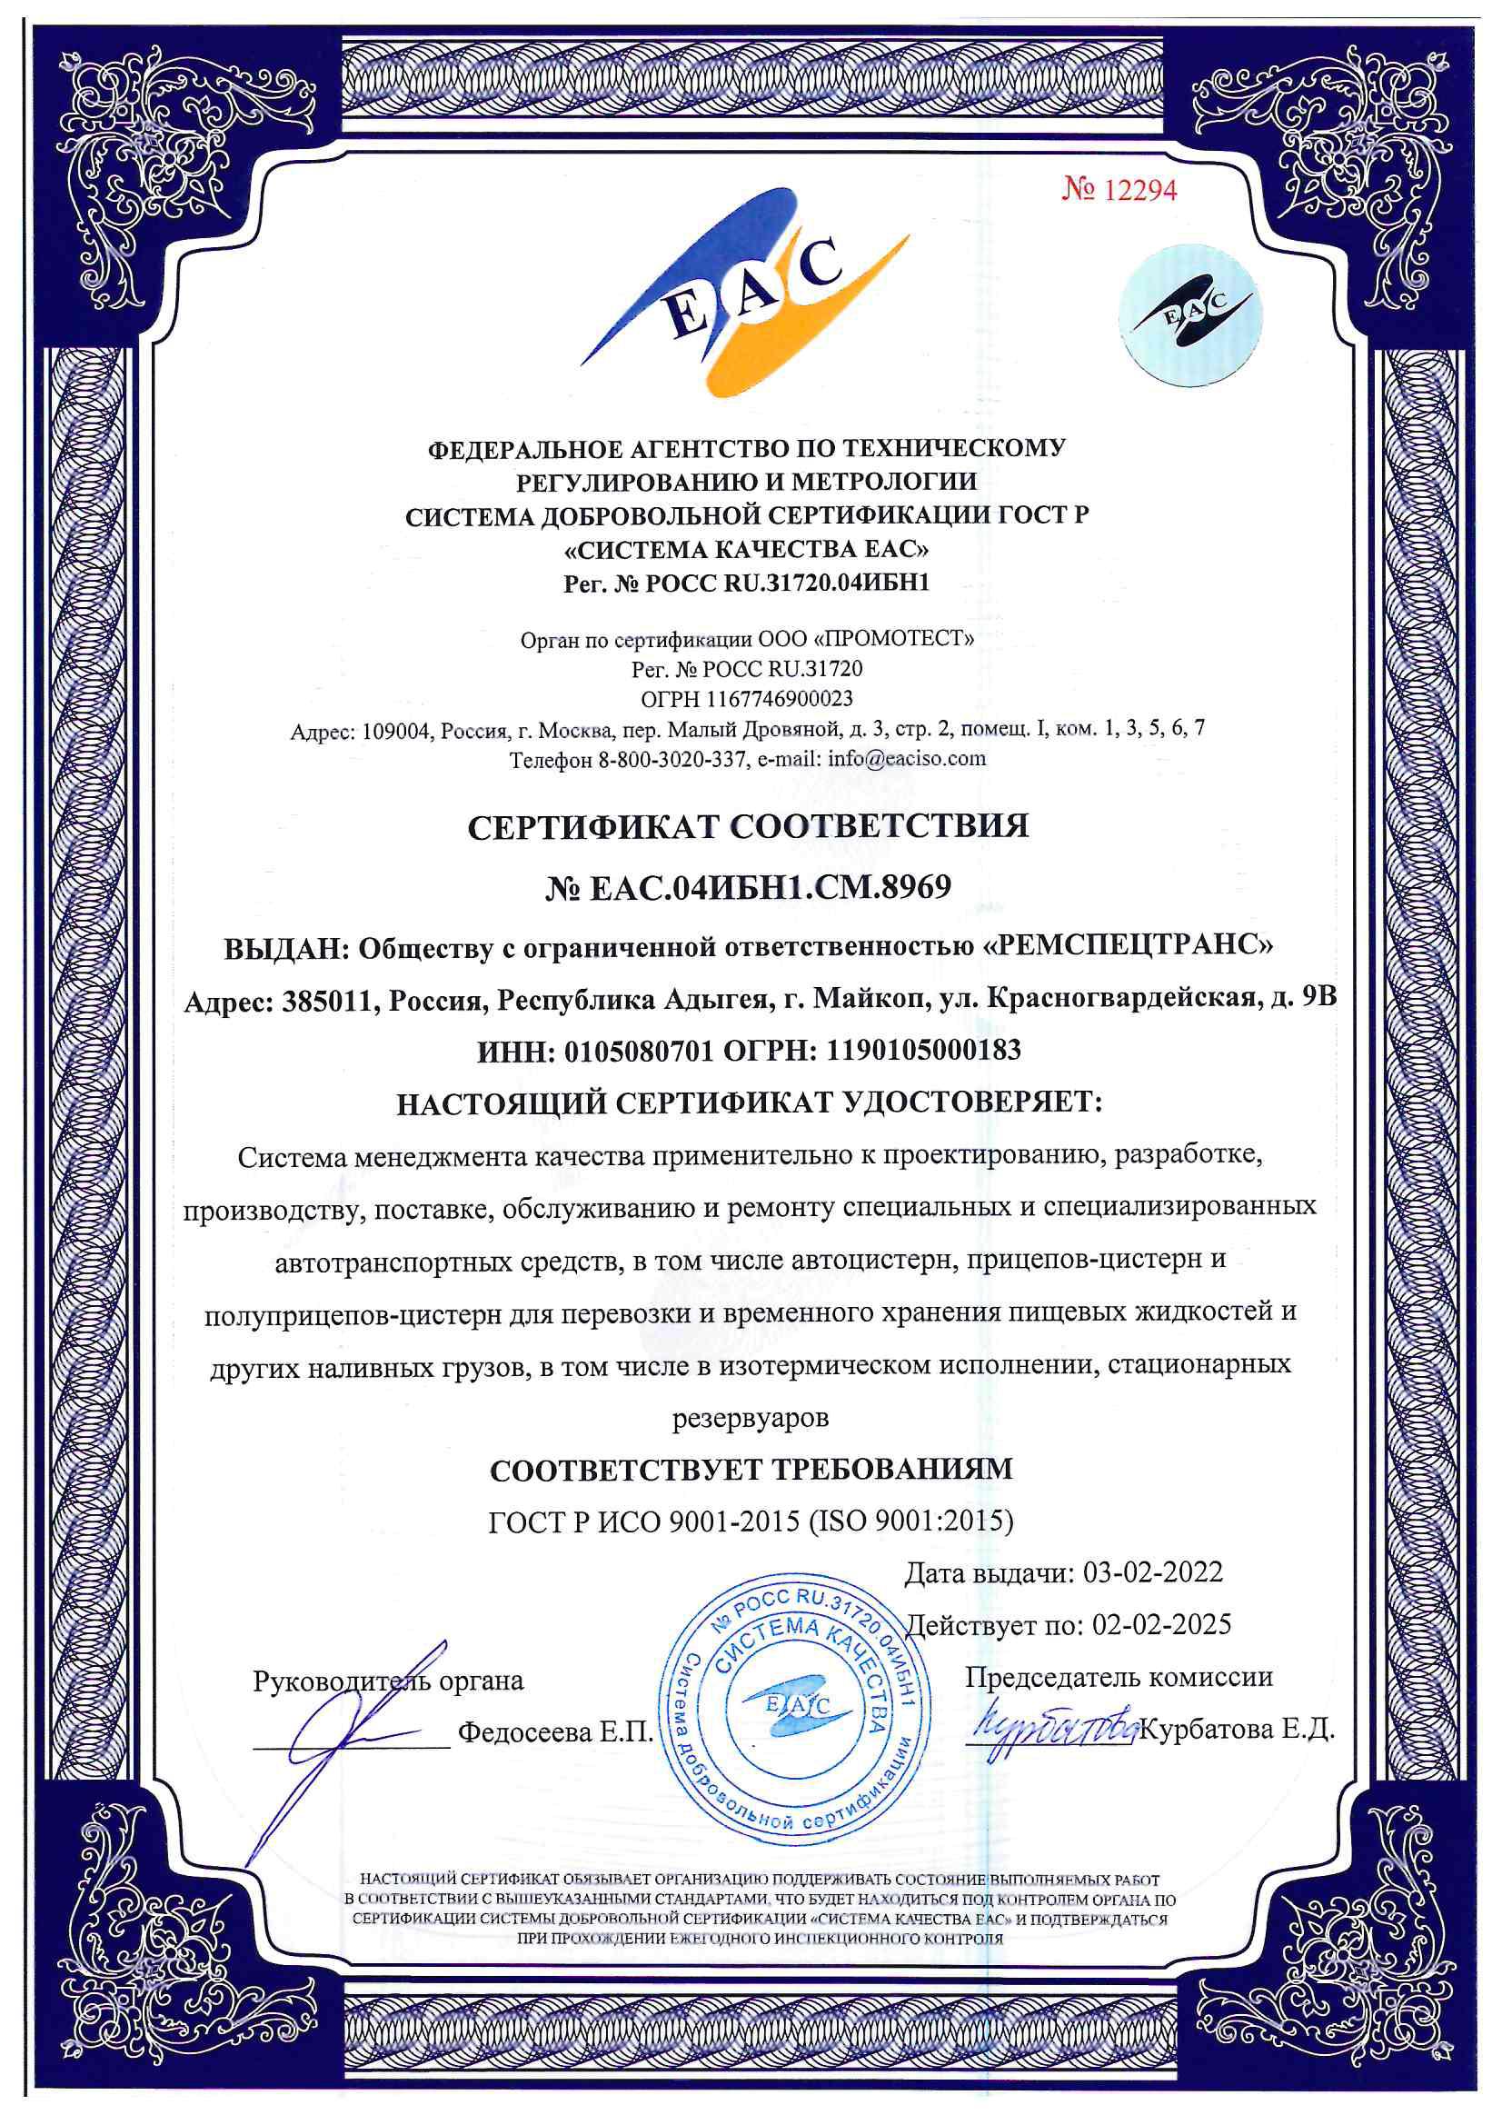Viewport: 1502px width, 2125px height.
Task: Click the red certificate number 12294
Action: coord(1119,190)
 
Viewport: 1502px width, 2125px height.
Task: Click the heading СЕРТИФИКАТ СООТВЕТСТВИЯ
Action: coord(748,826)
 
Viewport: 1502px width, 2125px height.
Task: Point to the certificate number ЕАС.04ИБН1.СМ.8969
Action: coord(748,888)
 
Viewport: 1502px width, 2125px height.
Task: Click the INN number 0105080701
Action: coord(639,1051)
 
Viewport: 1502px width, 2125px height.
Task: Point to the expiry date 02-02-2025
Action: coord(1161,1624)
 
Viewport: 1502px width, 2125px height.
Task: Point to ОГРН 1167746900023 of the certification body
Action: coord(747,699)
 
